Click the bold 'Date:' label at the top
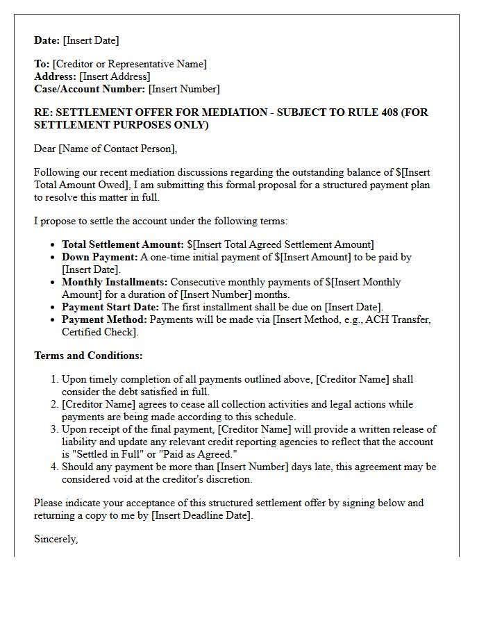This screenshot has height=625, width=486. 47,40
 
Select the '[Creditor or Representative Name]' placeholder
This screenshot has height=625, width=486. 129,64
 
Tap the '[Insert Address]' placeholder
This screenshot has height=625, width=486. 115,76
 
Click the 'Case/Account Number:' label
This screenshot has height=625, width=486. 90,89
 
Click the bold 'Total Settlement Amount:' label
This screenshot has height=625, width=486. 122,244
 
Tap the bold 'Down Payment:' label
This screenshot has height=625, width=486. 99,257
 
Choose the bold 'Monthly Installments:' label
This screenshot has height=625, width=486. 115,282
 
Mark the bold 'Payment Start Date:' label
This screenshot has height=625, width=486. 110,307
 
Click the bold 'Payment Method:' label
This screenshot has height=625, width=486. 104,319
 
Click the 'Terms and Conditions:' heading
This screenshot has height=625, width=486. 88,356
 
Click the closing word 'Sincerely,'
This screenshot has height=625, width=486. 56,538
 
